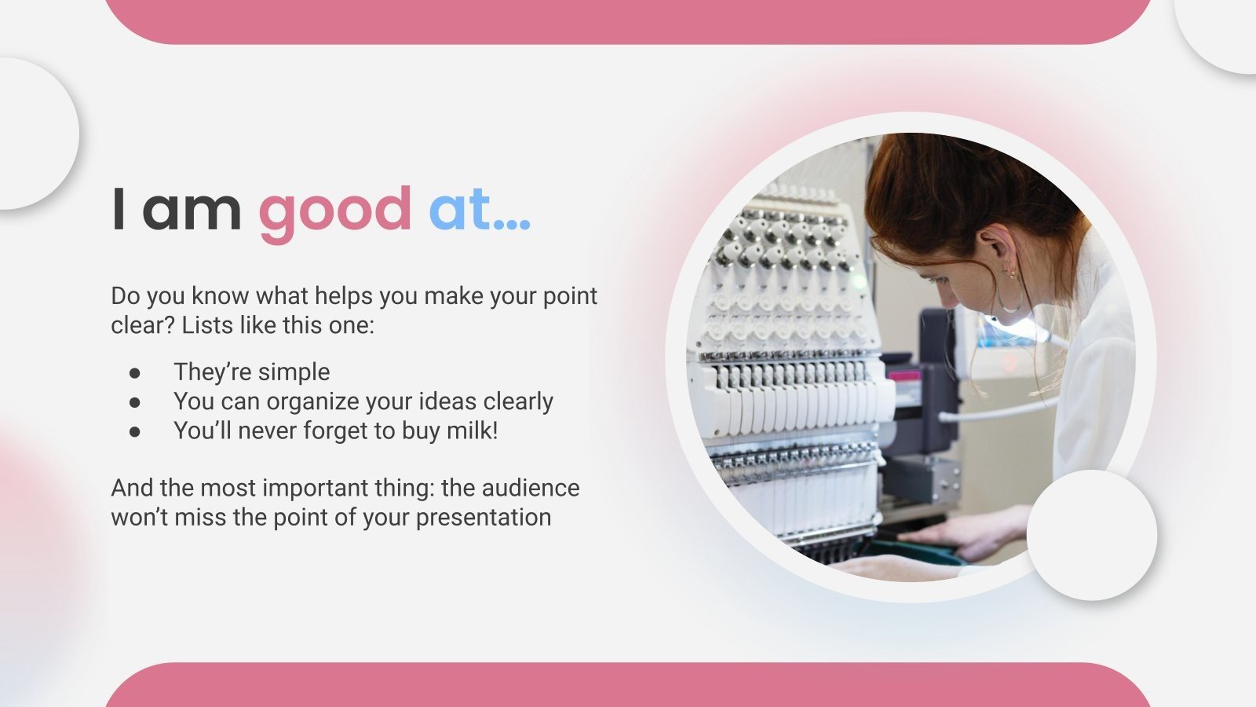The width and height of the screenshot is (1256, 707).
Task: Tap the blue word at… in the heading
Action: [479, 209]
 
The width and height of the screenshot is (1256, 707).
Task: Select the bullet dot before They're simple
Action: [135, 372]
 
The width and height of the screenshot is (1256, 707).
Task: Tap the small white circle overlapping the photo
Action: [1091, 535]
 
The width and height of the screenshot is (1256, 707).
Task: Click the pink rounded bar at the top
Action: [628, 20]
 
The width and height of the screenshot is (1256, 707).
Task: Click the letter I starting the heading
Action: [119, 211]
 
